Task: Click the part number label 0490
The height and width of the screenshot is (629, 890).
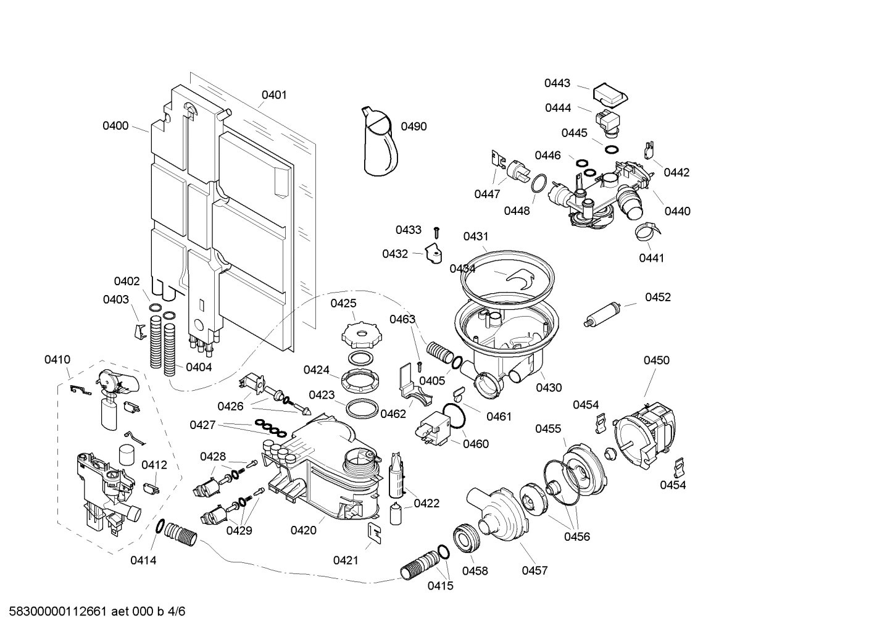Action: tap(414, 127)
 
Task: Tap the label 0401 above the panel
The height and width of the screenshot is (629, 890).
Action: tap(274, 95)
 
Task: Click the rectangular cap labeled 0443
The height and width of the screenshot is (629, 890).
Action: tap(610, 94)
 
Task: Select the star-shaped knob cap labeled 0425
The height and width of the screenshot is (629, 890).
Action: tap(358, 335)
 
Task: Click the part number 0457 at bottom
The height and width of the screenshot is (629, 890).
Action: tap(534, 571)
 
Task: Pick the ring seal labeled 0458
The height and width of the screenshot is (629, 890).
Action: tap(466, 538)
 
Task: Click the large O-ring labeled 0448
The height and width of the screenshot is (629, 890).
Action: tap(538, 184)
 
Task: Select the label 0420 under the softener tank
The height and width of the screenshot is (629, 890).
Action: tap(303, 530)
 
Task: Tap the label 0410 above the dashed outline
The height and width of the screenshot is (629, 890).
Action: tap(57, 359)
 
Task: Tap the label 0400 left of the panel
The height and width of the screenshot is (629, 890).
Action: tap(115, 126)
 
